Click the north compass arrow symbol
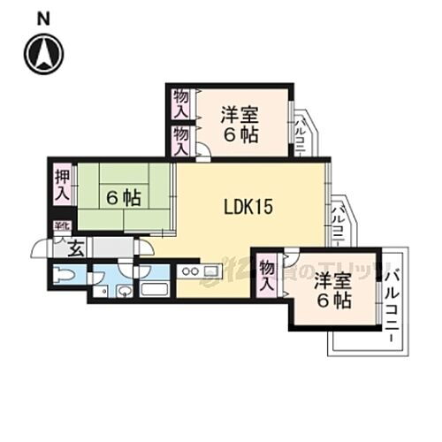point(45,52)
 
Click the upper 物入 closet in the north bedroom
point(180,103)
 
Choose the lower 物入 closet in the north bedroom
point(180,140)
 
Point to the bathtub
point(155,288)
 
